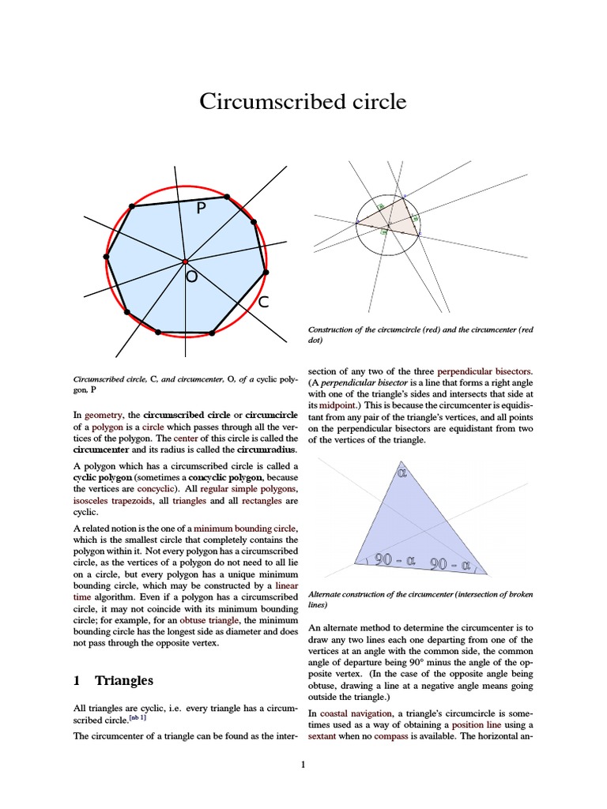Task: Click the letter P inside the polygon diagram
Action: point(201,208)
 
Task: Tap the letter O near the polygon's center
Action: point(192,277)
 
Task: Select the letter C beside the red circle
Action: point(264,302)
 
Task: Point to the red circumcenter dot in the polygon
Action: point(184,262)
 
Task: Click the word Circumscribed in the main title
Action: point(264,102)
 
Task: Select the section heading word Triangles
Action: point(124,680)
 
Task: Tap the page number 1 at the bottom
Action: point(303,764)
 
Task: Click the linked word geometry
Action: point(103,414)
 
